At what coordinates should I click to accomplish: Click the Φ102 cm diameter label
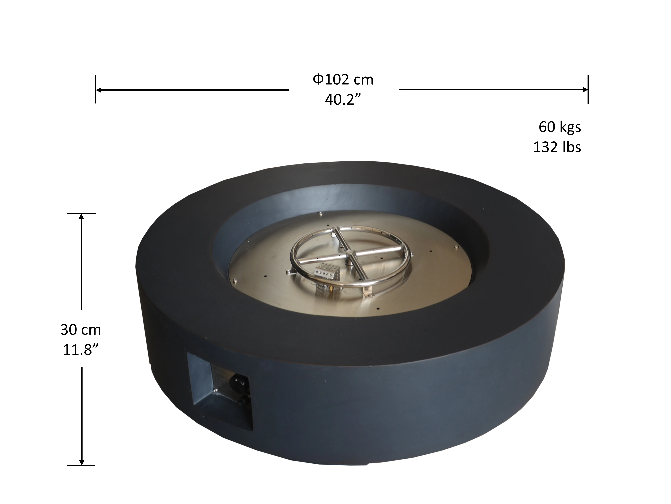tap(343, 80)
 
